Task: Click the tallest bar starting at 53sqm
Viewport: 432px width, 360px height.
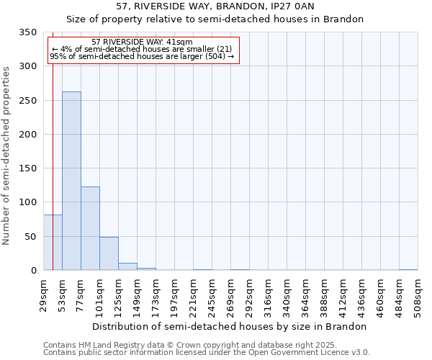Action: point(71,181)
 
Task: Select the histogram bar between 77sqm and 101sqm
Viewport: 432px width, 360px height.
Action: point(90,228)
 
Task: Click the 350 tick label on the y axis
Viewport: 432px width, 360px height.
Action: point(28,32)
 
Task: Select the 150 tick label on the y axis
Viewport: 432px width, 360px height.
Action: point(28,168)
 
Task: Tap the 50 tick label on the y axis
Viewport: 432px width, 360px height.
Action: point(31,237)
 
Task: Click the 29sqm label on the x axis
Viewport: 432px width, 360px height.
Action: point(44,294)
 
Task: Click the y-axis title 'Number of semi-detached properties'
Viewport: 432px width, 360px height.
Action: point(6,155)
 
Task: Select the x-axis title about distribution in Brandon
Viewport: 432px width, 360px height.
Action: point(230,326)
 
